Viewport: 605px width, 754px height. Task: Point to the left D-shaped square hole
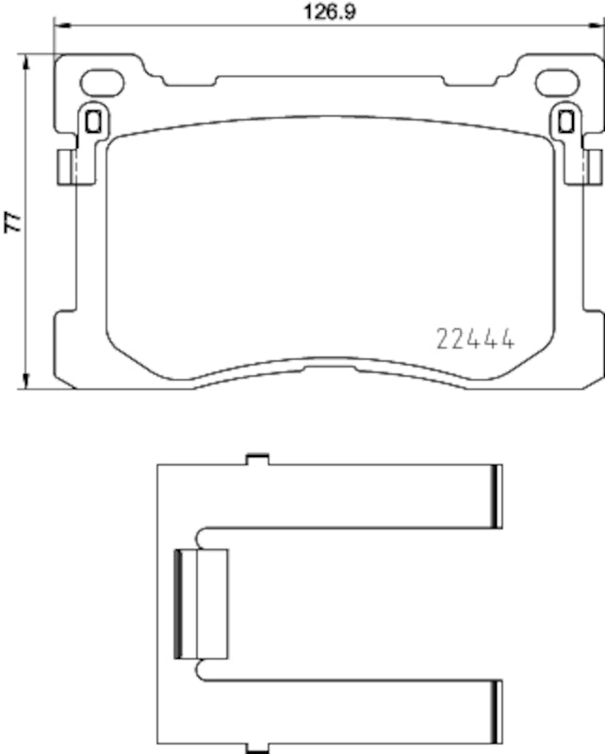click(92, 121)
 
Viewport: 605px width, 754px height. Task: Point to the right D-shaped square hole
click(566, 121)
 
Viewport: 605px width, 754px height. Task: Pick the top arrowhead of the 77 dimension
click(26, 59)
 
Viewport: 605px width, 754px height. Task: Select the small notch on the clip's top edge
click(254, 459)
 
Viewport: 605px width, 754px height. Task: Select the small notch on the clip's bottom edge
click(254, 747)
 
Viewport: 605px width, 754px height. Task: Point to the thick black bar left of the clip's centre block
click(182, 604)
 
